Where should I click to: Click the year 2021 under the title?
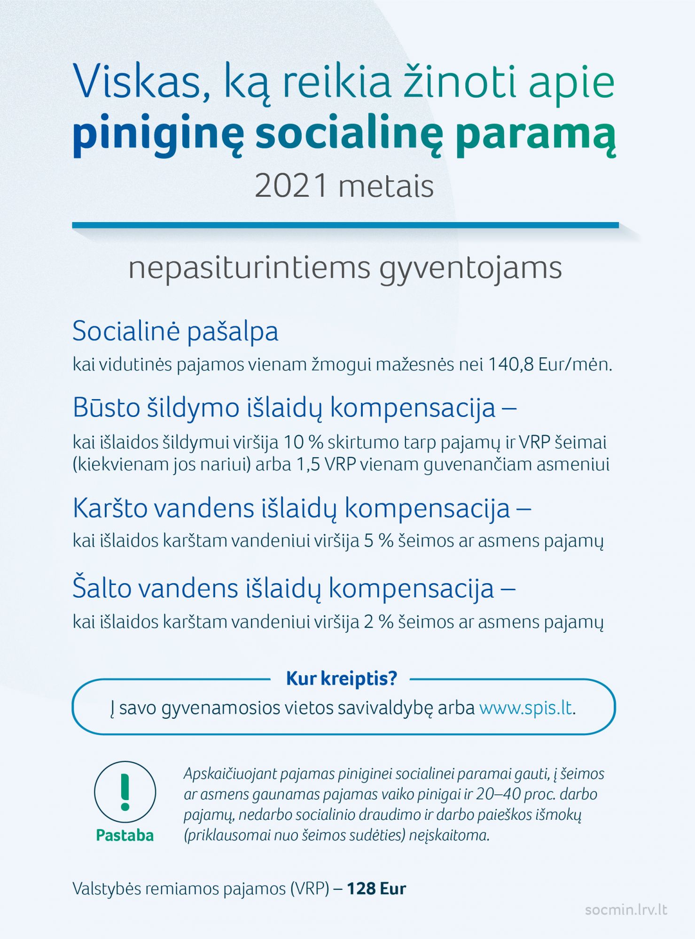291,187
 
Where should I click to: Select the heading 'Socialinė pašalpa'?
175,331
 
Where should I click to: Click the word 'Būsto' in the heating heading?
104,407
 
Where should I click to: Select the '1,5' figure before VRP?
308,464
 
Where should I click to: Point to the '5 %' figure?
379,541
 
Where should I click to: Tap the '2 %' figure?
379,622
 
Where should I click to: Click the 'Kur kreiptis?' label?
342,678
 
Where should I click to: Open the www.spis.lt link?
526,708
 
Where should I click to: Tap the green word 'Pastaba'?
125,835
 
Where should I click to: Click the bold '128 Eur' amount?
376,888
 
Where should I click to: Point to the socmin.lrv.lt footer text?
626,910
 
